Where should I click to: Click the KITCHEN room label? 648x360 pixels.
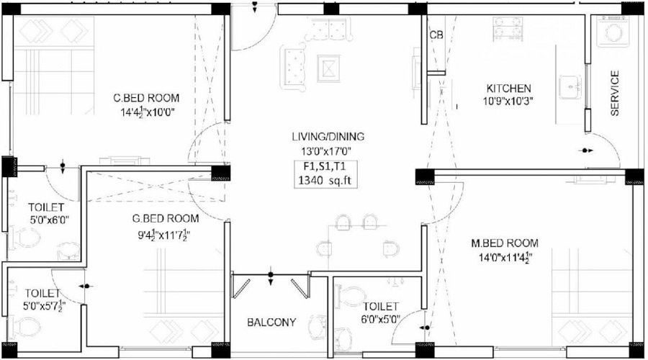click(x=508, y=89)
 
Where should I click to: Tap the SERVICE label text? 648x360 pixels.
click(x=615, y=93)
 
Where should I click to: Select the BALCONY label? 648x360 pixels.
click(x=271, y=323)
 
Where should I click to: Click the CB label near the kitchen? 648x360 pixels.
click(x=436, y=35)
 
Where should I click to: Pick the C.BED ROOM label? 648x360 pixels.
click(x=146, y=99)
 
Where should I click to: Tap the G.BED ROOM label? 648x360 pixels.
click(x=166, y=218)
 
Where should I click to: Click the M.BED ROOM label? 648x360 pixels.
click(x=505, y=243)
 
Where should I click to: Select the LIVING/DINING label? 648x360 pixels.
click(x=328, y=136)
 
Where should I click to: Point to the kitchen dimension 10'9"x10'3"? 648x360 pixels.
click(x=508, y=101)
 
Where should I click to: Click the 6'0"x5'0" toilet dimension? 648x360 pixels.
click(x=381, y=319)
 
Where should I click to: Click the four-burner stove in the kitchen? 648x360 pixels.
click(x=508, y=29)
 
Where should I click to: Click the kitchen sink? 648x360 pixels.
click(x=571, y=88)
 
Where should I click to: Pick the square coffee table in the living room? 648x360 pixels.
click(x=328, y=68)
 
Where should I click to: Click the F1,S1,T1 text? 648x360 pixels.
click(x=325, y=167)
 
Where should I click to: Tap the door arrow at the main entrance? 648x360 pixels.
click(x=255, y=6)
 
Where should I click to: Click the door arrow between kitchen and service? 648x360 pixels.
click(x=587, y=150)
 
